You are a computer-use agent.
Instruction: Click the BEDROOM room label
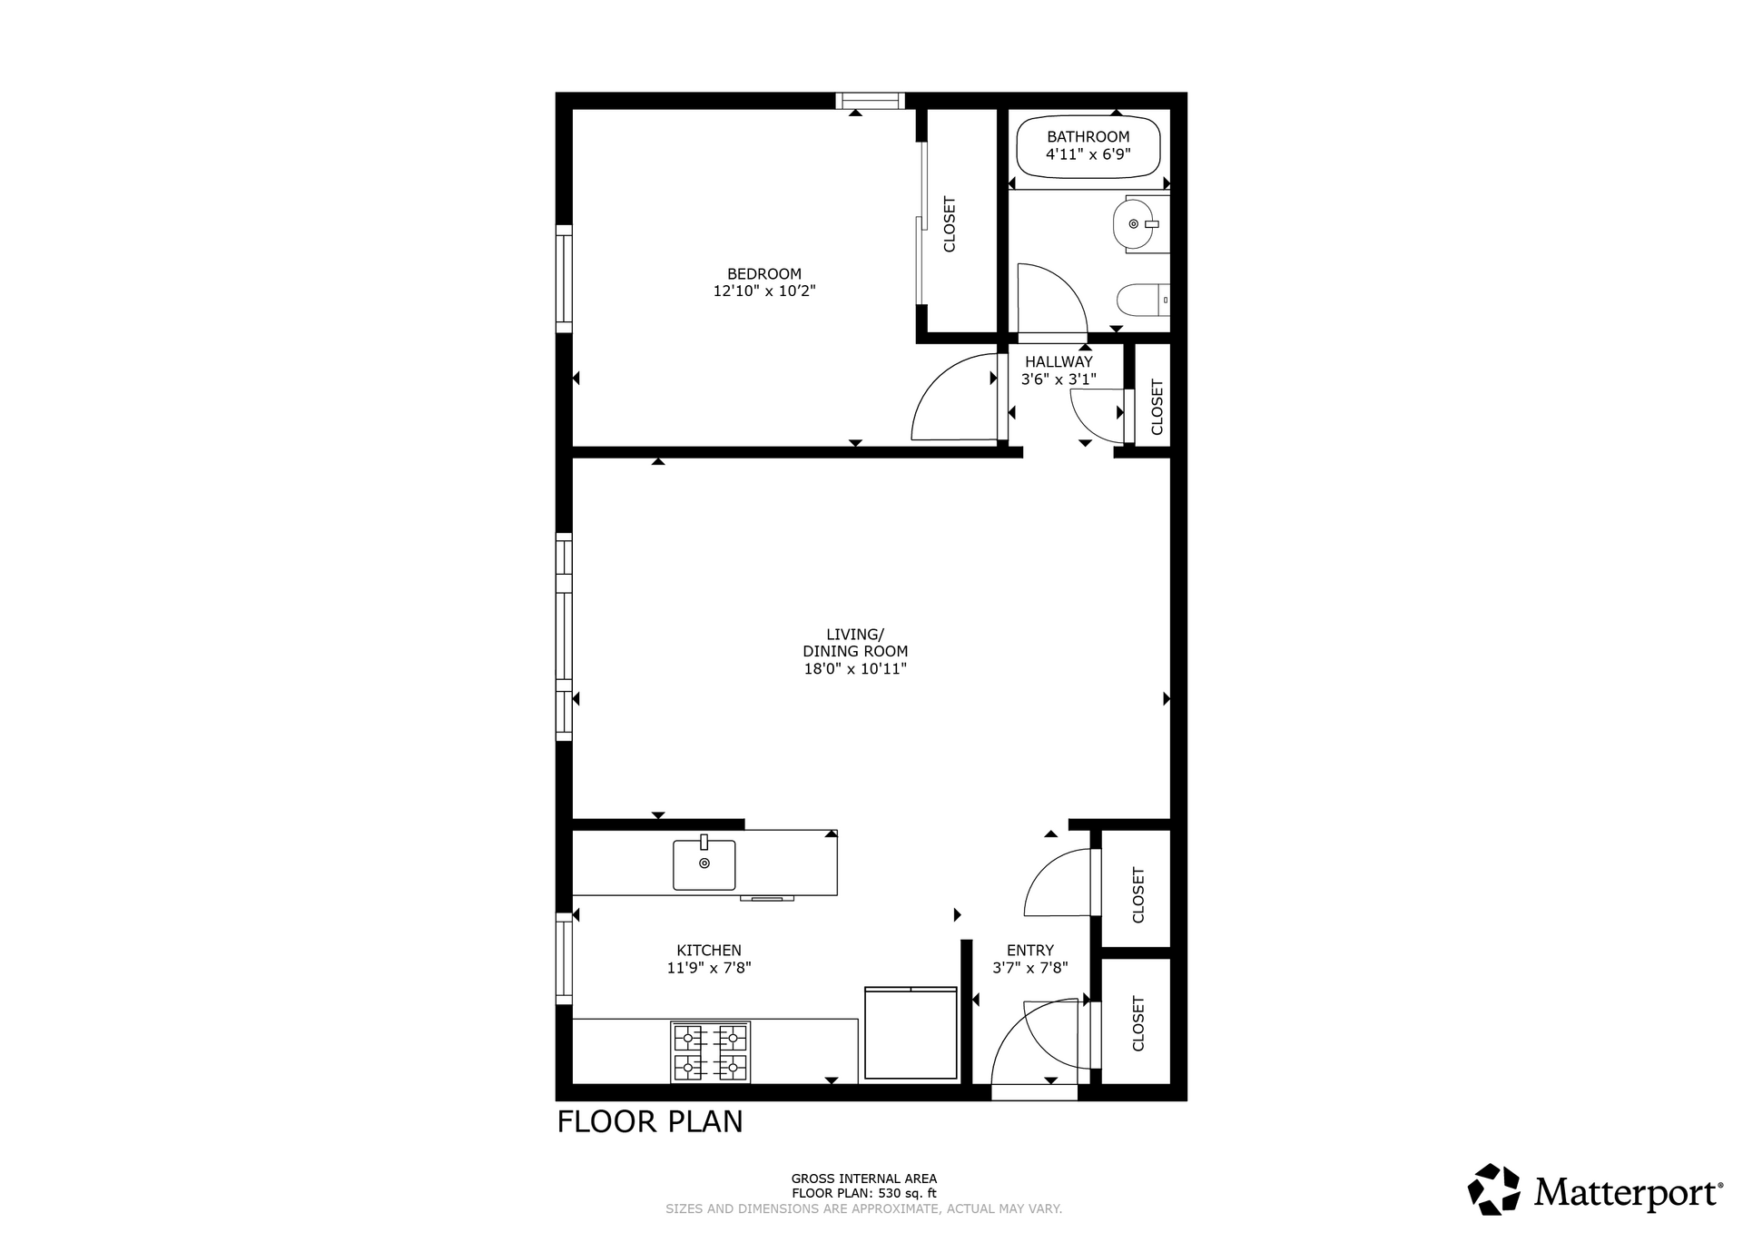[x=764, y=273]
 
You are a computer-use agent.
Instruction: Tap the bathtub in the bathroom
[x=1088, y=148]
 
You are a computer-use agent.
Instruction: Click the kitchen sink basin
[x=704, y=864]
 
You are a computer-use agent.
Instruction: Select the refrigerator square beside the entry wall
[x=911, y=1032]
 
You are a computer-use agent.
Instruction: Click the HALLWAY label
[x=1059, y=361]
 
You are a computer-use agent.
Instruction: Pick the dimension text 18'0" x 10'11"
[x=855, y=669]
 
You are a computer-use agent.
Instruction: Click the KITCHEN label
[x=709, y=951]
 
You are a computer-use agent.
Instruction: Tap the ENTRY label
[x=1030, y=951]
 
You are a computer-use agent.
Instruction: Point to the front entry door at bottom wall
[x=1035, y=1092]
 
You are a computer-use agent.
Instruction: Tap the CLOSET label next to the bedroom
[x=950, y=224]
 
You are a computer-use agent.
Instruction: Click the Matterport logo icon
[x=1493, y=1189]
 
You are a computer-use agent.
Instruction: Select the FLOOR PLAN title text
[x=650, y=1122]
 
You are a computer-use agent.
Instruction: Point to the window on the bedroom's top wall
[x=870, y=101]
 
